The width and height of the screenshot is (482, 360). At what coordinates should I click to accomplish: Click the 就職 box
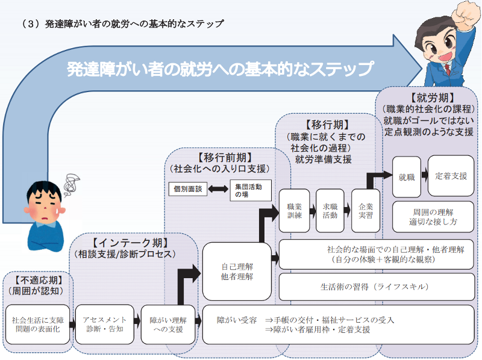[407, 177]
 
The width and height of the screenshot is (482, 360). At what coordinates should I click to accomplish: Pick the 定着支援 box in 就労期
[451, 176]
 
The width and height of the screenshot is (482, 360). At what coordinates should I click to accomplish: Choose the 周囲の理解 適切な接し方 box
[433, 217]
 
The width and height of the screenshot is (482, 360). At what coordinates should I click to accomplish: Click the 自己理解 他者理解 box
[237, 271]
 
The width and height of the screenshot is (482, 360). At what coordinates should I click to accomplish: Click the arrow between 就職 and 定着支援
[425, 176]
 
